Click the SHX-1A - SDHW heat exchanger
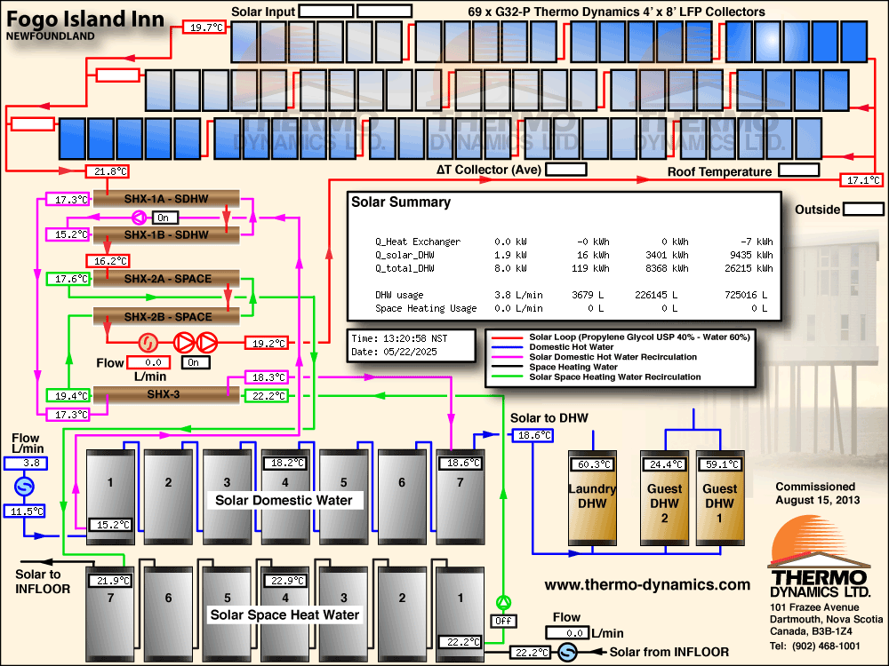click(166, 199)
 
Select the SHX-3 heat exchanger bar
click(166, 394)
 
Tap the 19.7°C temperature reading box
click(204, 27)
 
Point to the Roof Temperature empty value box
click(799, 170)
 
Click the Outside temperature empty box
click(863, 209)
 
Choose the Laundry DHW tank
click(592, 498)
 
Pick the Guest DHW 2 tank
click(664, 498)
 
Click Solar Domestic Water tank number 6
click(402, 497)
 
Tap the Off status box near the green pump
click(503, 621)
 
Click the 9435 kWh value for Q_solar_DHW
click(749, 255)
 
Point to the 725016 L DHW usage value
click(746, 295)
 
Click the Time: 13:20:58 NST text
click(399, 338)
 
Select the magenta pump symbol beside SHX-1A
click(139, 217)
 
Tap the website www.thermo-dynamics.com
click(647, 584)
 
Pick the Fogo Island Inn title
click(85, 20)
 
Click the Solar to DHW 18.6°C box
click(533, 435)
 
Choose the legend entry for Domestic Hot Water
click(572, 346)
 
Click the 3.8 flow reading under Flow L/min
click(26, 464)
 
